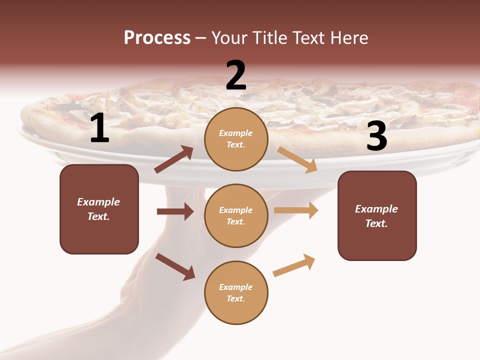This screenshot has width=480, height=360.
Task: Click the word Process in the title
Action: pos(157,37)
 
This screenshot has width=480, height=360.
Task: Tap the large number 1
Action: pos(99,129)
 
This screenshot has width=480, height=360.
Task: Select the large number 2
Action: pos(236,76)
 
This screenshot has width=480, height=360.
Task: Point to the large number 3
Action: pos(376,137)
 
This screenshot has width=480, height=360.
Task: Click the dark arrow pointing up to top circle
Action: pos(174,159)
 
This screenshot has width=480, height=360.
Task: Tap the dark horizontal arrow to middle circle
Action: pos(175,211)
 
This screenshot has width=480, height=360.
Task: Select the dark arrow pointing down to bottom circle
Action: pos(175,266)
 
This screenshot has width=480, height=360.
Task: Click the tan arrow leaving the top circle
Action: pos(297,159)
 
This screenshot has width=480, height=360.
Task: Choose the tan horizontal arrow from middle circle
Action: pos(296,210)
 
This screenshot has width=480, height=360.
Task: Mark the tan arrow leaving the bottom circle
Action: pos(294,265)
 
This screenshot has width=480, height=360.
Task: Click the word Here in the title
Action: pos(350,37)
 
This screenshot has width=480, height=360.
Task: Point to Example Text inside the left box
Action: pos(98,209)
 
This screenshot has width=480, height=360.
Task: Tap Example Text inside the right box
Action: pos(376,216)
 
